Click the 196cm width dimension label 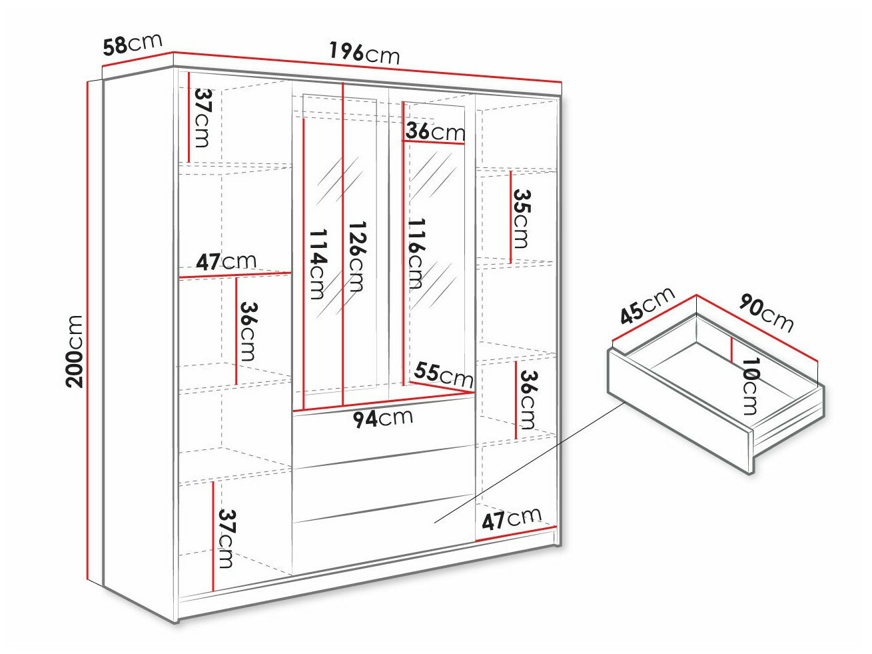click(364, 53)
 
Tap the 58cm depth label click(133, 44)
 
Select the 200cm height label click(75, 351)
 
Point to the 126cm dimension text click(357, 257)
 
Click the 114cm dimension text click(318, 264)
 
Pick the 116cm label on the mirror click(416, 253)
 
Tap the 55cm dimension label click(443, 375)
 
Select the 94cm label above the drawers click(383, 419)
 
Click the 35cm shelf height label click(521, 218)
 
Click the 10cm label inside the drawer click(750, 386)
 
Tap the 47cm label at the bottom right click(512, 519)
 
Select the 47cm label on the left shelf click(226, 261)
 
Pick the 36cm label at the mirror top click(435, 131)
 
